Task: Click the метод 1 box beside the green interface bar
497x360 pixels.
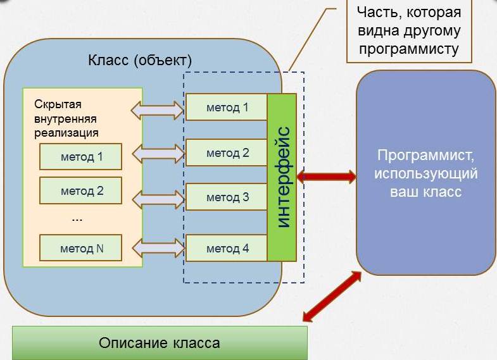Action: pyautogui.click(x=227, y=107)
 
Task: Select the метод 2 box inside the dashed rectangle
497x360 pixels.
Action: pyautogui.click(x=227, y=152)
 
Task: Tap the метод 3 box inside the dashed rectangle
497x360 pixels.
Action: pyautogui.click(x=227, y=197)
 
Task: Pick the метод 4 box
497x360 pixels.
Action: pyautogui.click(x=227, y=248)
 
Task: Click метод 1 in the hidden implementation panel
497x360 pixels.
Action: pyautogui.click(x=81, y=156)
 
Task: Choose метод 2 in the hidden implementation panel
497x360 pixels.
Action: pyautogui.click(x=81, y=190)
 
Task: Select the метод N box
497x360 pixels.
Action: pyautogui.click(x=81, y=248)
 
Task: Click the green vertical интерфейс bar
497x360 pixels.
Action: pyautogui.click(x=282, y=177)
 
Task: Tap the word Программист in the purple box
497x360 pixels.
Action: pyautogui.click(x=425, y=156)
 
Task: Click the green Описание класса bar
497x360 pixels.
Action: pyautogui.click(x=160, y=343)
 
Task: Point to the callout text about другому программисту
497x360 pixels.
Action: pyautogui.click(x=409, y=31)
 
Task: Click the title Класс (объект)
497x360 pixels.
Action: pyautogui.click(x=139, y=61)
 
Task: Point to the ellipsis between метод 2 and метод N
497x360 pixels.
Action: pyautogui.click(x=77, y=220)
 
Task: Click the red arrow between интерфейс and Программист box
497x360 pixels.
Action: pyautogui.click(x=326, y=177)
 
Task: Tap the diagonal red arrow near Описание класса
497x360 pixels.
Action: pyautogui.click(x=332, y=295)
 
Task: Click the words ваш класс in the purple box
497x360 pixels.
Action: pyautogui.click(x=425, y=192)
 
